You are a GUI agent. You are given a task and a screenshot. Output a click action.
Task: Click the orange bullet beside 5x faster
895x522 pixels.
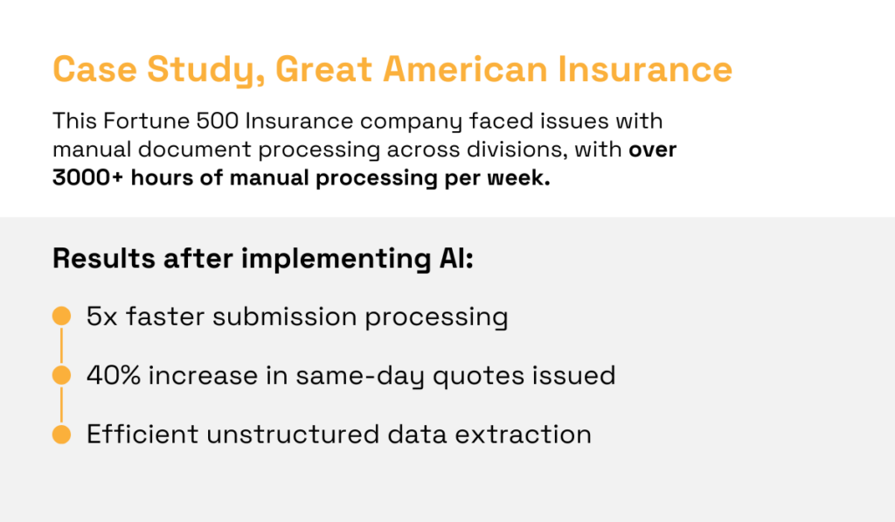pyautogui.click(x=61, y=316)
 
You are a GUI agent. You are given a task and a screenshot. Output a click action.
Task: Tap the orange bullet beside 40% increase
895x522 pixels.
pyautogui.click(x=61, y=375)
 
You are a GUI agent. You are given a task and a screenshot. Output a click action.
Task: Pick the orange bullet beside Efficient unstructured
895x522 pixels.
pyautogui.click(x=61, y=434)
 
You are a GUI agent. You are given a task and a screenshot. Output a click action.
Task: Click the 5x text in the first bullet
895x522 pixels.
pyautogui.click(x=102, y=316)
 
